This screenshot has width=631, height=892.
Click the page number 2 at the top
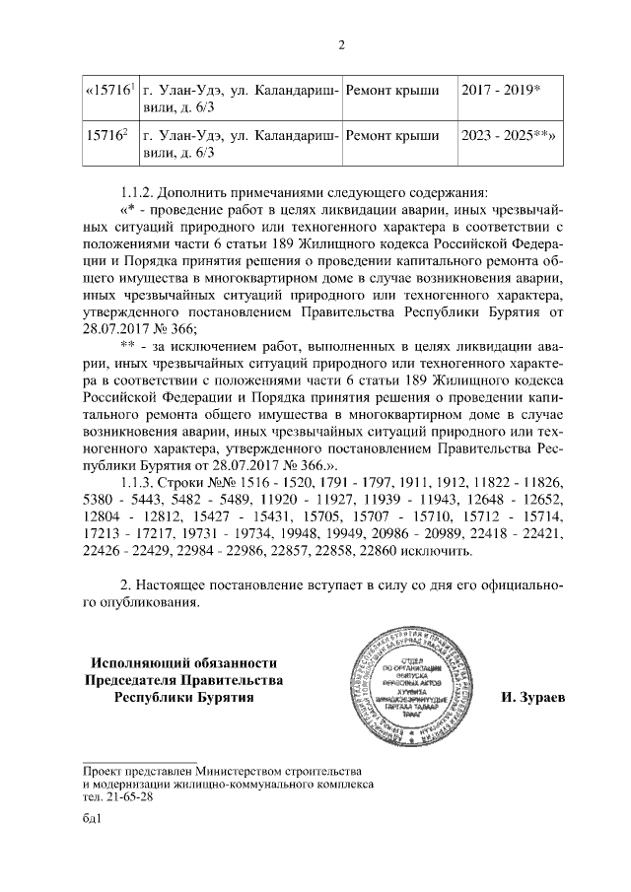pos(340,44)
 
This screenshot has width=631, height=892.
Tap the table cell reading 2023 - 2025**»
pos(505,137)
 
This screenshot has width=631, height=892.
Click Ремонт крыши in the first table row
pos(392,91)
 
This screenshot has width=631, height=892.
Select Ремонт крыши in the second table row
pos(392,137)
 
